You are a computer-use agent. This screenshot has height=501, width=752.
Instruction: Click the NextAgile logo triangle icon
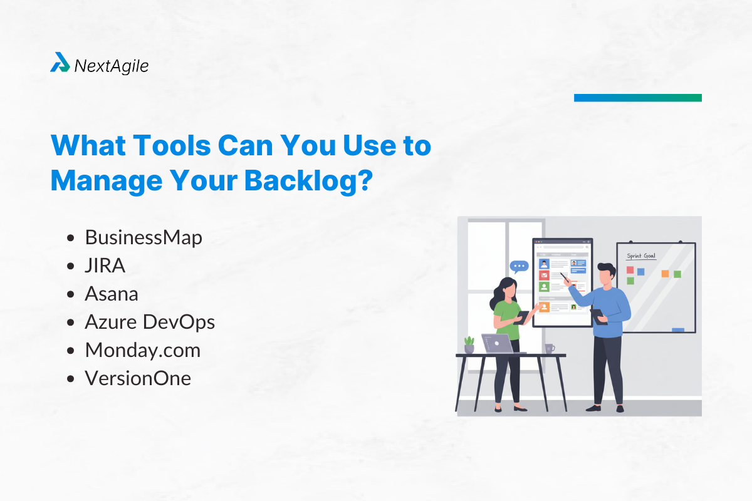pos(60,62)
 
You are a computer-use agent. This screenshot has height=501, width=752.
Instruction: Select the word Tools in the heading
pos(172,146)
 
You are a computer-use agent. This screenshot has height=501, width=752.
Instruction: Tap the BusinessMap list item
pos(144,237)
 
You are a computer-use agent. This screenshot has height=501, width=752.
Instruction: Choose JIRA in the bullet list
pos(105,266)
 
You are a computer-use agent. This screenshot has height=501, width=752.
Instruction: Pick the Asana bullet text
pos(112,294)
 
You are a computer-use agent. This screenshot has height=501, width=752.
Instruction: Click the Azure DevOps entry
pos(150,322)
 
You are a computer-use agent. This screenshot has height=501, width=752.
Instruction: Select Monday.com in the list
pos(143,350)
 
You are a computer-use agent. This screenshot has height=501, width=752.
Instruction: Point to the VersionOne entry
pos(138,378)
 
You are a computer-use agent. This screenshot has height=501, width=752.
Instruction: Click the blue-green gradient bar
pos(638,98)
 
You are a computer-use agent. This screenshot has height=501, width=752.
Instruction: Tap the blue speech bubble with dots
pos(519,267)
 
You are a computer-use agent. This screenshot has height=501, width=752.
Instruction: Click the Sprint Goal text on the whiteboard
pos(641,256)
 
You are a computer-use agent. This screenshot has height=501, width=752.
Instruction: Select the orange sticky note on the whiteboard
pos(665,274)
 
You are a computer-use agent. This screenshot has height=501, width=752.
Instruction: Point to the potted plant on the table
pos(469,345)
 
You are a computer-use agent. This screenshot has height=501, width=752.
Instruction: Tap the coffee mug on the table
pos(550,348)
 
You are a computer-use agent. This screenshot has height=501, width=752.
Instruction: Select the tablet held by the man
pos(598,317)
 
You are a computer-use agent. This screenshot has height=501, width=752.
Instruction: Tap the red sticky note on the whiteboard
pos(630,270)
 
